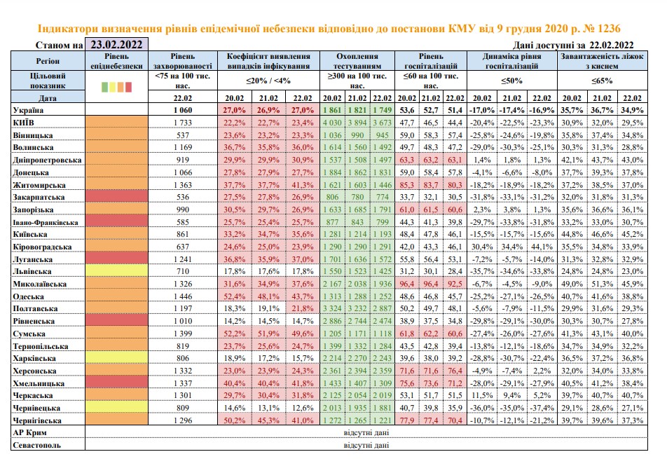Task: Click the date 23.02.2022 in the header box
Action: (116, 45)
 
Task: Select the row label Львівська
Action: (32, 271)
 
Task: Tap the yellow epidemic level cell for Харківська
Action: (116, 358)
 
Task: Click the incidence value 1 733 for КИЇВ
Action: (183, 123)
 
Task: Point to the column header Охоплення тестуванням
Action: (357, 61)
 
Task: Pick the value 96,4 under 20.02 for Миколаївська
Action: (406, 284)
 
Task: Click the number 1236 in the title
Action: (609, 29)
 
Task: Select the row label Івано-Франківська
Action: (46, 223)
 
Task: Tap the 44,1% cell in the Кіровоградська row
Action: (542, 247)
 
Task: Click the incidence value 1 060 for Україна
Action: (183, 110)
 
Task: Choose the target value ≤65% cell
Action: (602, 81)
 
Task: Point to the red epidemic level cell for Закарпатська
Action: (116, 197)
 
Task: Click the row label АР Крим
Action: (29, 433)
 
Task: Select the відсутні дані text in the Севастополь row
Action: (366, 445)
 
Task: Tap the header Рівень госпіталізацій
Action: (431, 61)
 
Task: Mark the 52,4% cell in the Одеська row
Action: (235, 296)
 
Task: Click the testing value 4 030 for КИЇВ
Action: (332, 123)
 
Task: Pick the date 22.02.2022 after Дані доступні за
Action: (611, 45)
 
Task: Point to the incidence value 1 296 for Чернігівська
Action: (183, 420)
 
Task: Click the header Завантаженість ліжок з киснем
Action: (602, 61)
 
